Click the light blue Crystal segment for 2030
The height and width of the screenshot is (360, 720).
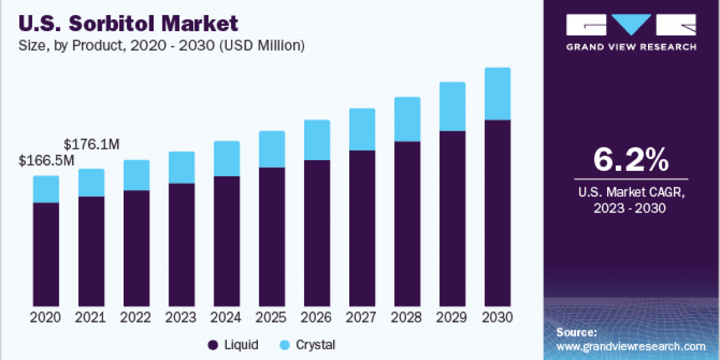click(x=497, y=94)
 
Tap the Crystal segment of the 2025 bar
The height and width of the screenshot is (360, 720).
click(x=272, y=149)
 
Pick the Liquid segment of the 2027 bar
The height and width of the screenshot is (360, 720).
click(x=362, y=228)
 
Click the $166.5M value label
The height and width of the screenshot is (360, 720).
click(x=46, y=161)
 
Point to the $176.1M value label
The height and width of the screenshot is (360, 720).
click(x=91, y=145)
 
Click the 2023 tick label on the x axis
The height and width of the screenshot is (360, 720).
click(x=181, y=317)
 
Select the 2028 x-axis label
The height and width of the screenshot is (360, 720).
click(x=407, y=317)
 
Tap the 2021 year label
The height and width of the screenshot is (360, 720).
click(x=91, y=317)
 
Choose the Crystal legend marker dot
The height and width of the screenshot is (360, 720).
click(x=286, y=345)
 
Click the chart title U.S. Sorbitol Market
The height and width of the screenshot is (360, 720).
click(x=128, y=23)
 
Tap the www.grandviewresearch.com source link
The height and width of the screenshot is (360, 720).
click(x=631, y=346)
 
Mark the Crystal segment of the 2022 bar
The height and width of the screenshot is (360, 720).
click(x=136, y=175)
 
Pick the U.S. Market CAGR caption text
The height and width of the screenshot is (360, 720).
click(x=631, y=200)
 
